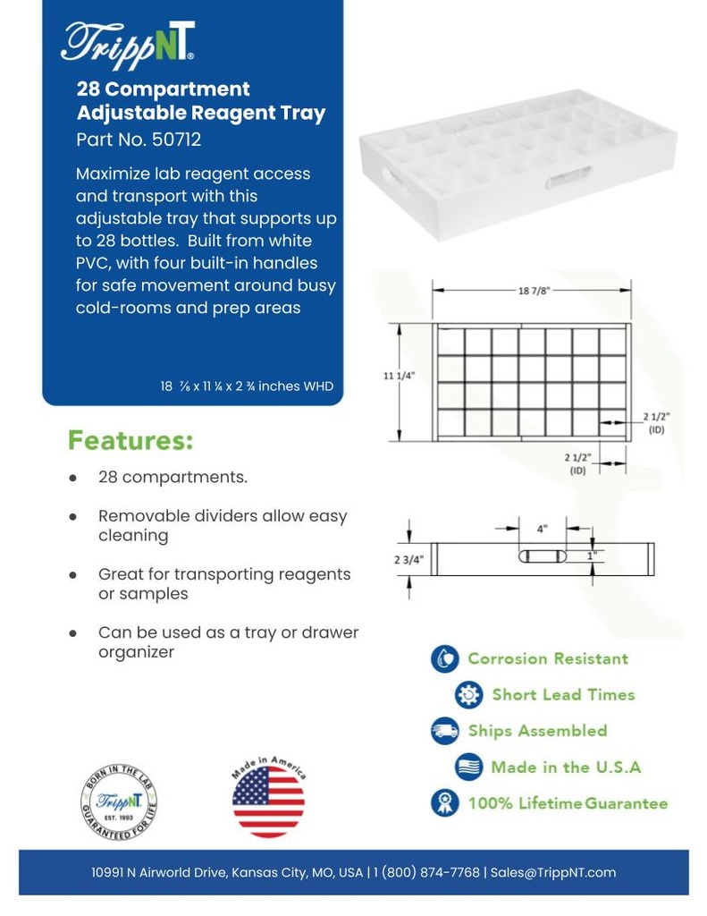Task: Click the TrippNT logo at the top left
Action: tap(128, 42)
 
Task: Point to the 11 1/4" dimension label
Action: tap(399, 376)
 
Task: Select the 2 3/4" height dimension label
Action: tap(408, 559)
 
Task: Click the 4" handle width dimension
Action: tap(543, 529)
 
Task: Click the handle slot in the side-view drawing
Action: tap(543, 556)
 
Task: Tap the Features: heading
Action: tap(130, 441)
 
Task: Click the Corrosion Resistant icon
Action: tap(444, 659)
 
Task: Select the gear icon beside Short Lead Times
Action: tap(468, 695)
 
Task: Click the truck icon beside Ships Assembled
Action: tap(444, 731)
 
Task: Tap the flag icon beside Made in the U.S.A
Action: tap(468, 768)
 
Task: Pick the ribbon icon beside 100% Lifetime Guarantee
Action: tap(444, 803)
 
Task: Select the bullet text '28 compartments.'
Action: tap(173, 477)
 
